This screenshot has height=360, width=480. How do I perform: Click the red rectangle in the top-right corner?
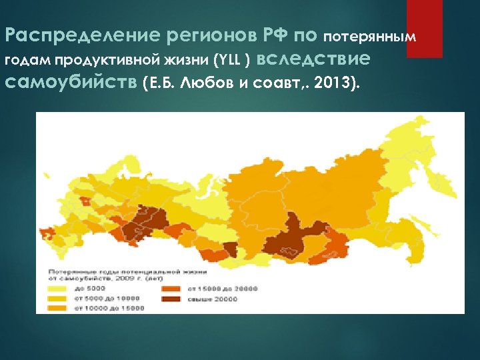click(425, 29)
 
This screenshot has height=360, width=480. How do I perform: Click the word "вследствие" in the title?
click(313, 59)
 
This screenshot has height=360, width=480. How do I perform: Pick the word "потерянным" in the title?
click(374, 36)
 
